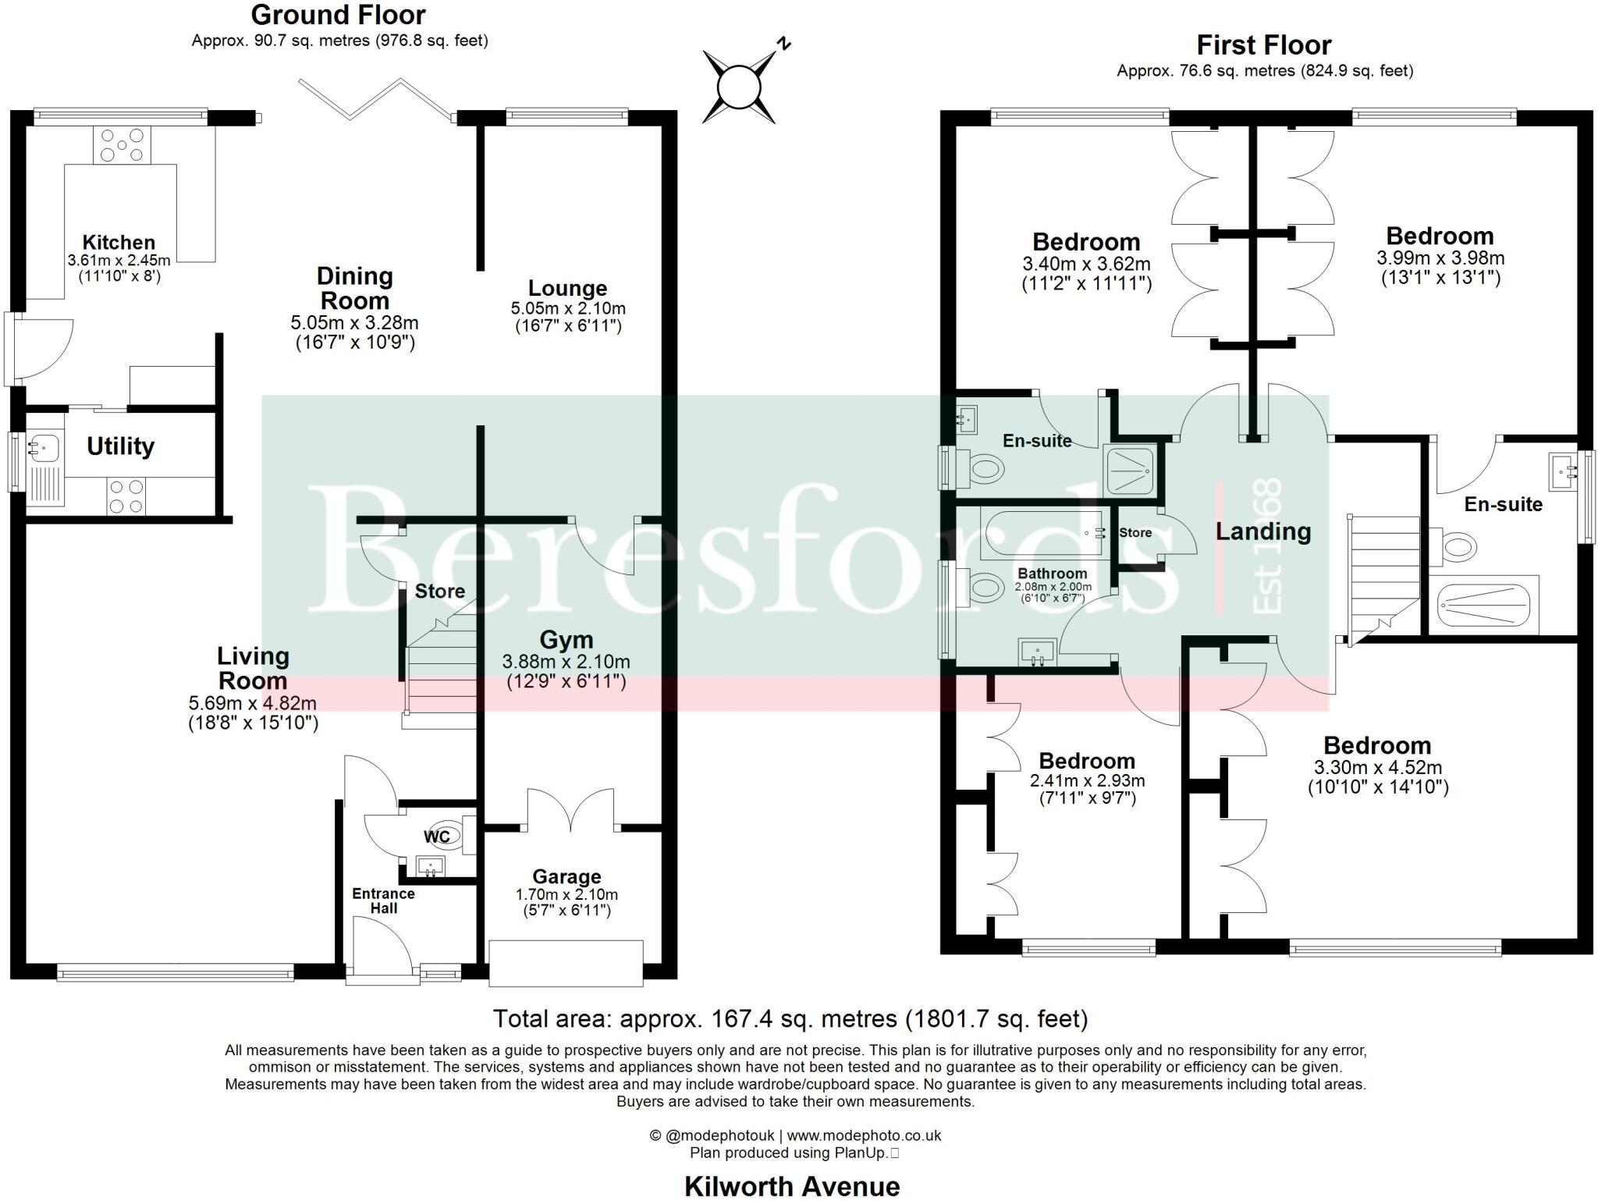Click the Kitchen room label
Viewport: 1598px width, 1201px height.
tap(119, 242)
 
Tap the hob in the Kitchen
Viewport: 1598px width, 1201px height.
tap(122, 145)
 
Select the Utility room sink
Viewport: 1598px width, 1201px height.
tap(42, 447)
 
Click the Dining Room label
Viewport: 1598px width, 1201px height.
tap(354, 288)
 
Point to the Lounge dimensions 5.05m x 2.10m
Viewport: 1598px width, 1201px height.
tap(568, 308)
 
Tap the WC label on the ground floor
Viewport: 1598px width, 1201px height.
tap(437, 837)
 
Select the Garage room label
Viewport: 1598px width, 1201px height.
tap(566, 876)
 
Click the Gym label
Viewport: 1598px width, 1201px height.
tap(566, 640)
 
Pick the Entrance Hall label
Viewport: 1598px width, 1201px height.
tap(383, 901)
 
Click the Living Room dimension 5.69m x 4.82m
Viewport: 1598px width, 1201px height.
tap(253, 702)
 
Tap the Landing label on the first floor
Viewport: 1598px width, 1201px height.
tap(1262, 531)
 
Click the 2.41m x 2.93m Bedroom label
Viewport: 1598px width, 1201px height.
tap(1087, 761)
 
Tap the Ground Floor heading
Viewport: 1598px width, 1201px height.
tap(338, 15)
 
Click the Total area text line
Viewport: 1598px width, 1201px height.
tap(790, 1018)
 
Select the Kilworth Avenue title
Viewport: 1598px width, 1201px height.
tap(792, 1186)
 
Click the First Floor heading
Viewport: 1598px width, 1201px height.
tap(1264, 45)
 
